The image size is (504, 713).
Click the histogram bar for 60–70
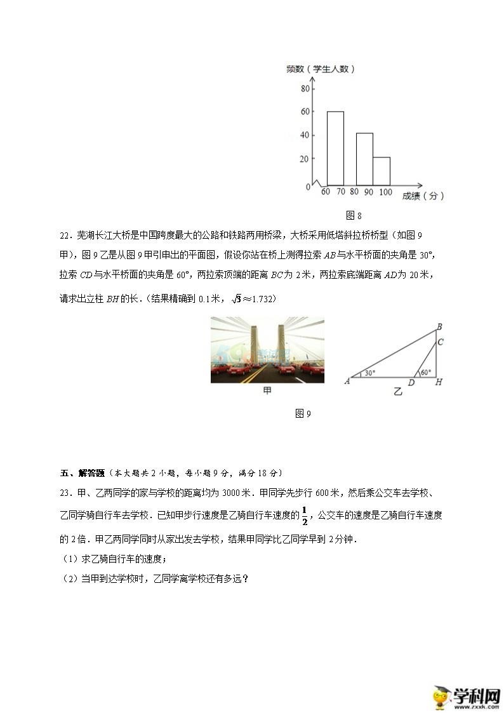[x=335, y=148]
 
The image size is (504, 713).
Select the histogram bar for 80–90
[x=364, y=159]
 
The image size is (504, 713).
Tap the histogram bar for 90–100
[x=381, y=171]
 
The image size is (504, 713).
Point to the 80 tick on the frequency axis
[x=305, y=88]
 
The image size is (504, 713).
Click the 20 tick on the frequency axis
[x=305, y=159]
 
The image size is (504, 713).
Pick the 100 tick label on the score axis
[x=385, y=192]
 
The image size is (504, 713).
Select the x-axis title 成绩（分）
[x=423, y=196]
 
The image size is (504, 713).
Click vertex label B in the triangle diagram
[x=439, y=327]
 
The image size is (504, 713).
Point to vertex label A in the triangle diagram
[x=347, y=381]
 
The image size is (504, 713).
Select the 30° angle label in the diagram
[x=370, y=373]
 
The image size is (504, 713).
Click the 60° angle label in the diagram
[x=425, y=373]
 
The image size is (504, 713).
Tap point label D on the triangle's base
[x=411, y=383]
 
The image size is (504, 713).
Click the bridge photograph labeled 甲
[x=267, y=350]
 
